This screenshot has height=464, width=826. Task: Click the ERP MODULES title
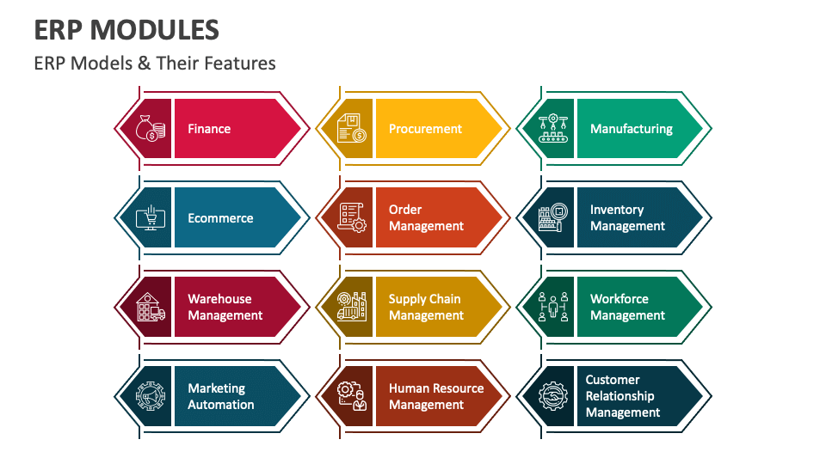126,30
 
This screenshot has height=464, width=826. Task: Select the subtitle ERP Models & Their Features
155,63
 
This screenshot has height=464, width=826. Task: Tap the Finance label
209,129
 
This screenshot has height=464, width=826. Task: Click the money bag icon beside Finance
151,128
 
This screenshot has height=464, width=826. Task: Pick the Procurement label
425,129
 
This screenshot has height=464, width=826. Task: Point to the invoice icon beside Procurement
352,128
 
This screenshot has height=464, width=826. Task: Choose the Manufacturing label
631,129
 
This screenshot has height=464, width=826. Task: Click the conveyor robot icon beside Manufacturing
553,128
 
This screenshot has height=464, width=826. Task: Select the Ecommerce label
221,218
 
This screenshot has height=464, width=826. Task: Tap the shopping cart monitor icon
151,217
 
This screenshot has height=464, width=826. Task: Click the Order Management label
426,217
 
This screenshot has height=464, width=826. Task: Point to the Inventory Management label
627,217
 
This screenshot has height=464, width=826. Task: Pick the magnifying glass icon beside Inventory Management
553,217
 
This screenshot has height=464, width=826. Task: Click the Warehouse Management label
225,308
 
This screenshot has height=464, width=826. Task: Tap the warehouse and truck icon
151,308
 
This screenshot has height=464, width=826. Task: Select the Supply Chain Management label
426,308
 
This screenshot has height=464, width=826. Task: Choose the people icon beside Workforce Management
553,308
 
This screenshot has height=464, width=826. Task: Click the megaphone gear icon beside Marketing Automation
151,396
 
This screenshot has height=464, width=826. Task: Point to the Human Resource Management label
436,397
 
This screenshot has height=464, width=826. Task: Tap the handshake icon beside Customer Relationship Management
553,396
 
